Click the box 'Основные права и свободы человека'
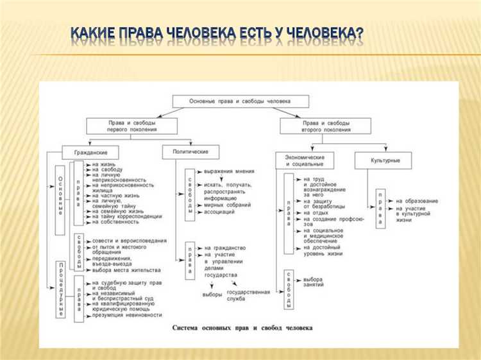240,101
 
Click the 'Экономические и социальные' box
305,160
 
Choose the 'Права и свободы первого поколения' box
122,125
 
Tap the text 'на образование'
417,201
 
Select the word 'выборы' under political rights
212,295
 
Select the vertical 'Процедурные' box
60,288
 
